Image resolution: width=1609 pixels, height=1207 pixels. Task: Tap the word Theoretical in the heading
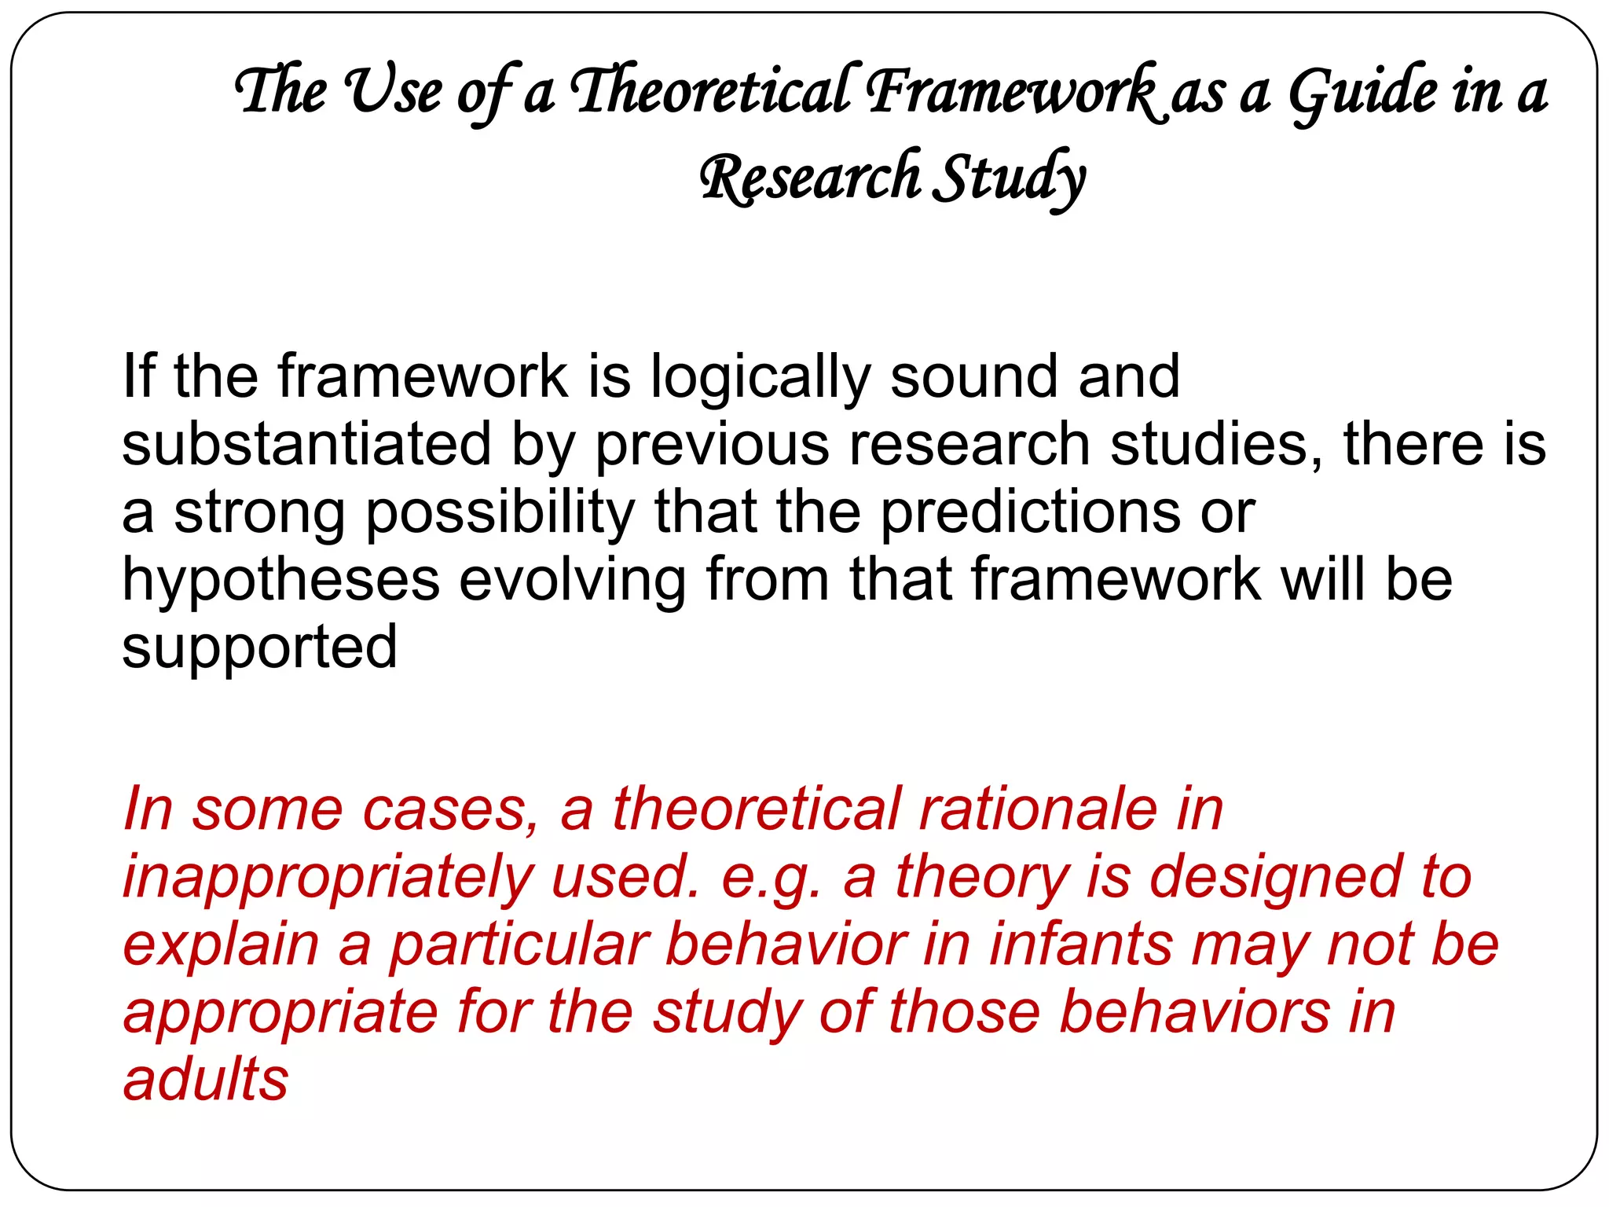pyautogui.click(x=710, y=91)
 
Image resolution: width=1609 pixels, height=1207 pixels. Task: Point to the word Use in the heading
pyautogui.click(x=394, y=91)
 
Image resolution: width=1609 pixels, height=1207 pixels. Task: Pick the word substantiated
pyautogui.click(x=306, y=445)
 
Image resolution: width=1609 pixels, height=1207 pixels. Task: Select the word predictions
pyautogui.click(x=1029, y=512)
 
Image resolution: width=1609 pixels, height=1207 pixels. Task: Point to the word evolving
pyautogui.click(x=572, y=580)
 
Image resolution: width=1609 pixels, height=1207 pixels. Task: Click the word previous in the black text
pyautogui.click(x=712, y=445)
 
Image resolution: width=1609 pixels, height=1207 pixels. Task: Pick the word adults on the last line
pyautogui.click(x=206, y=1080)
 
